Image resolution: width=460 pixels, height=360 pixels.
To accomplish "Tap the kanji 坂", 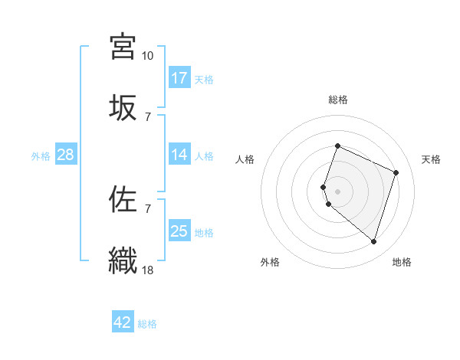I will pyautogui.click(x=123, y=106).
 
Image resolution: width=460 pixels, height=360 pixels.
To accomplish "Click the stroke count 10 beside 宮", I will pyautogui.click(x=147, y=56).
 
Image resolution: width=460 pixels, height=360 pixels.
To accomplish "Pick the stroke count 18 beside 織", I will pyautogui.click(x=148, y=270).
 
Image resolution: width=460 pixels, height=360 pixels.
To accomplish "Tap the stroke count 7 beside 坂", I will pyautogui.click(x=147, y=116).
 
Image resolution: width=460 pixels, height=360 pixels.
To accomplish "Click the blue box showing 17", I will pyautogui.click(x=179, y=78).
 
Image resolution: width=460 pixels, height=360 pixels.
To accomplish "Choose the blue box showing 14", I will pyautogui.click(x=179, y=155).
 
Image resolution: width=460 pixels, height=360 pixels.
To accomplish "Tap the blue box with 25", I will pyautogui.click(x=179, y=231).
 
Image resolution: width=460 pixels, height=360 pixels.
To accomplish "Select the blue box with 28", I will pyautogui.click(x=66, y=155).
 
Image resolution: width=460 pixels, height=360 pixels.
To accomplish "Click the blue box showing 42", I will pyautogui.click(x=123, y=322).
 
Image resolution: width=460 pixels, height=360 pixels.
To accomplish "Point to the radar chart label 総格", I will pyautogui.click(x=338, y=100).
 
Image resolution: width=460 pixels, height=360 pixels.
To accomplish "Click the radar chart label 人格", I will pyautogui.click(x=245, y=159).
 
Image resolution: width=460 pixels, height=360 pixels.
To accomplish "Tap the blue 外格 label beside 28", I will pyautogui.click(x=41, y=156).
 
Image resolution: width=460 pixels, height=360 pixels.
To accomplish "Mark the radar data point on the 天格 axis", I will pyautogui.click(x=396, y=172).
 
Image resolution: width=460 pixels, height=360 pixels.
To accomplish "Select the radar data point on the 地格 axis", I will pyautogui.click(x=373, y=241).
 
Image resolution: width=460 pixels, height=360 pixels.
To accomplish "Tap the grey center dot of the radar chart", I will pyautogui.click(x=337, y=190).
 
